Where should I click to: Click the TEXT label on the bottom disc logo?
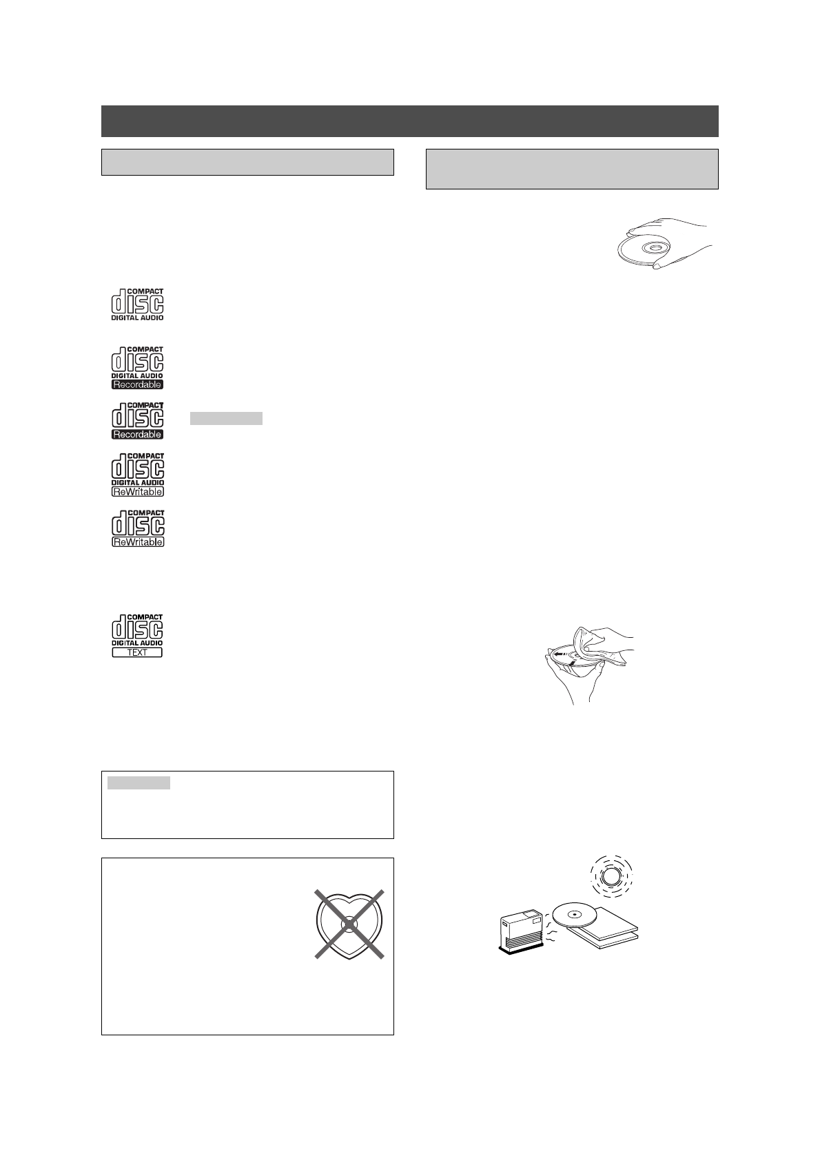click(x=137, y=652)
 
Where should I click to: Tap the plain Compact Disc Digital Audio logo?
click(x=137, y=304)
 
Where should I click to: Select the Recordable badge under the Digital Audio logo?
click(x=137, y=384)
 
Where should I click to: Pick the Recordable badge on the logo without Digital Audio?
click(x=137, y=434)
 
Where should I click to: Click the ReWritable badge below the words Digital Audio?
click(x=137, y=492)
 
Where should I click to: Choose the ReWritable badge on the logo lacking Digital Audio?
click(x=137, y=542)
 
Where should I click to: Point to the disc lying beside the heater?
click(x=574, y=915)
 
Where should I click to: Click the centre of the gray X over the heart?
click(x=349, y=924)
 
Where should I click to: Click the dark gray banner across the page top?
click(x=409, y=121)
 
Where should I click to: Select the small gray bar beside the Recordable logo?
click(x=226, y=418)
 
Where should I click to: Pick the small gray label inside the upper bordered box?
click(x=139, y=783)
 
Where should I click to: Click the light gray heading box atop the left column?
click(x=247, y=162)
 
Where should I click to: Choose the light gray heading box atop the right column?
click(x=572, y=169)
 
